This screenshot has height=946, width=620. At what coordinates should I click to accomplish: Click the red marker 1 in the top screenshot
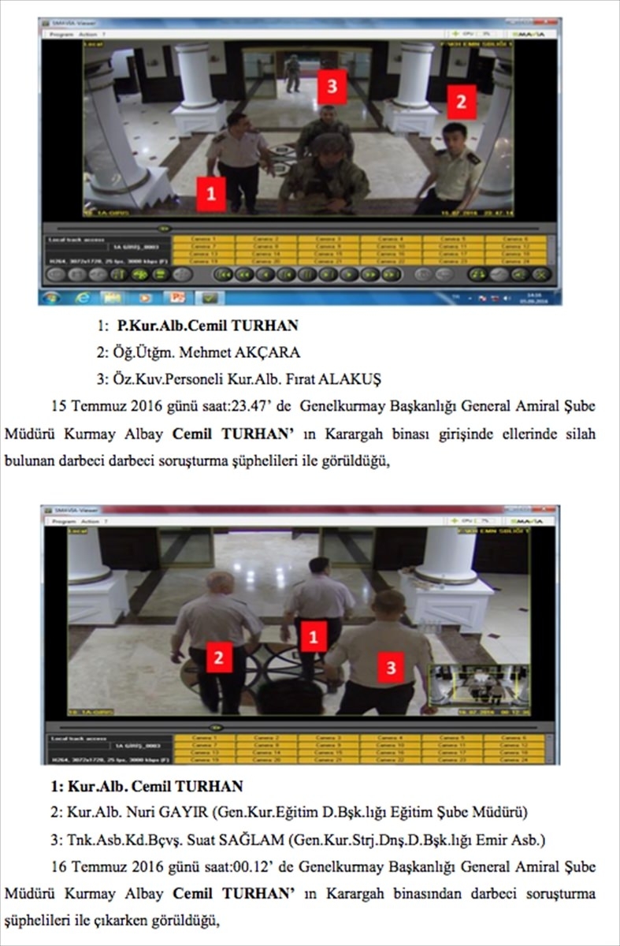[210, 193]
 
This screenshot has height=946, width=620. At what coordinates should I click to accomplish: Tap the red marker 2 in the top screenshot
[462, 102]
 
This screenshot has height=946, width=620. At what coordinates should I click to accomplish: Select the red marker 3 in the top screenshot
[332, 85]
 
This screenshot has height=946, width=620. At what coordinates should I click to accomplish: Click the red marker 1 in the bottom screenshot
[314, 635]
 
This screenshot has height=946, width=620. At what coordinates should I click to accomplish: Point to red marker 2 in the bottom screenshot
[219, 657]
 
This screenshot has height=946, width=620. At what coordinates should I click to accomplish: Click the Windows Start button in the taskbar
[52, 297]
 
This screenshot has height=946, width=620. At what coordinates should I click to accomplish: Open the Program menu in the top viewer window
[61, 35]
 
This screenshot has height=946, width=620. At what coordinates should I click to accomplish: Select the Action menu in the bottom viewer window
[87, 521]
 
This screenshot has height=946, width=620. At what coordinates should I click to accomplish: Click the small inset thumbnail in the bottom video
[471, 683]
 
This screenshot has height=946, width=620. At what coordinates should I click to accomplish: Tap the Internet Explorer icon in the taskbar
[81, 297]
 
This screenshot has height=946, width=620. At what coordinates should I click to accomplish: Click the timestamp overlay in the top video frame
[488, 212]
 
